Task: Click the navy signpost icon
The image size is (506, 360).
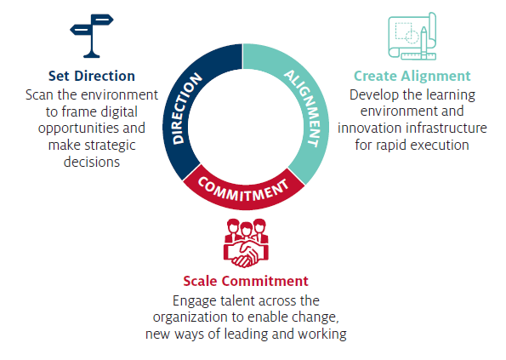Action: point(92,36)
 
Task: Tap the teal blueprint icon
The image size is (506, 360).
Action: point(412,36)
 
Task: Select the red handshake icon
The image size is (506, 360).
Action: point(246,243)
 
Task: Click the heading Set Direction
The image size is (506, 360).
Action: point(92,77)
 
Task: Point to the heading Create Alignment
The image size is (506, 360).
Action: point(412,77)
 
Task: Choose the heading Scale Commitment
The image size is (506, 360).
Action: point(246,281)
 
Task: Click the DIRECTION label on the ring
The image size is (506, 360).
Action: point(186,108)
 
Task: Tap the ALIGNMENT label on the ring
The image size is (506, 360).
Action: point(304,107)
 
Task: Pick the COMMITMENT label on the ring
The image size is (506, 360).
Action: point(243,190)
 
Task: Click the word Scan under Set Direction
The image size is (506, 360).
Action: point(39,95)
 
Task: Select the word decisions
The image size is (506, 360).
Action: point(92,162)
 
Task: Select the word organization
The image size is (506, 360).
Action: point(190,317)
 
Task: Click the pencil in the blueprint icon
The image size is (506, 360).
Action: point(424,43)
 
